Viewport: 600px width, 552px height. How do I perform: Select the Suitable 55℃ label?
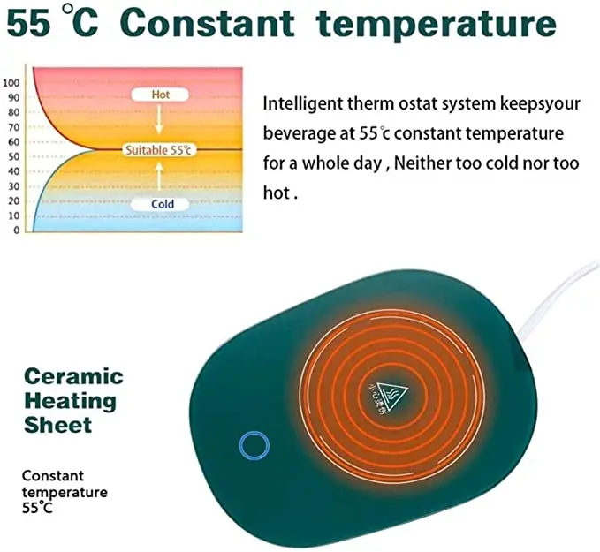tap(158, 150)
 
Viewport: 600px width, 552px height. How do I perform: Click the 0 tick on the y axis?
tap(16, 231)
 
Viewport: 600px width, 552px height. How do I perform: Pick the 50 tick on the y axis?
tap(14, 156)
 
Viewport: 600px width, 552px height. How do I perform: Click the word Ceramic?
tap(72, 377)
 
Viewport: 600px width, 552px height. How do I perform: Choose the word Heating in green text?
tap(70, 401)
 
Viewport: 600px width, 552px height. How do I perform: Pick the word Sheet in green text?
tap(58, 425)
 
